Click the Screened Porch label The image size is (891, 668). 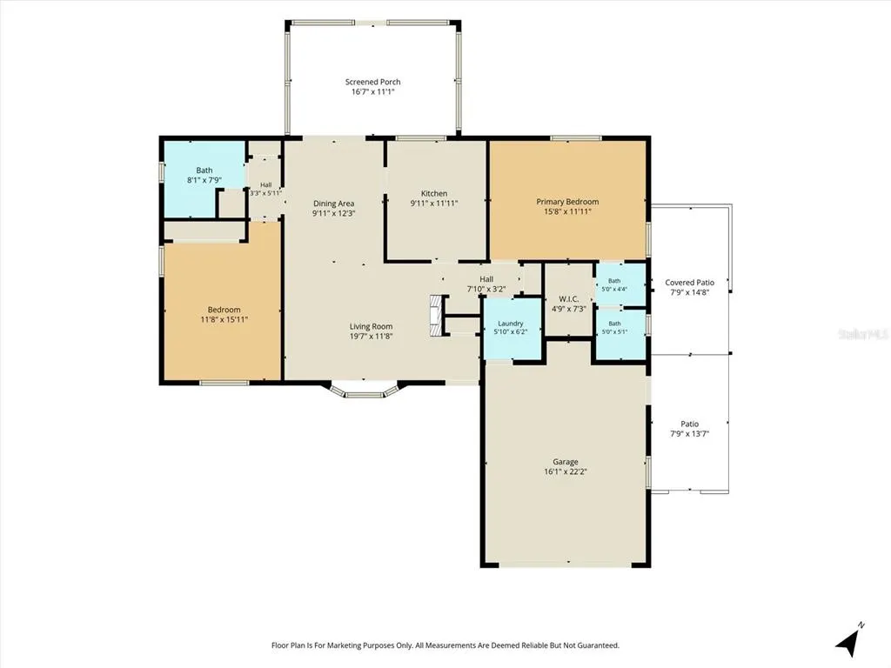(x=372, y=82)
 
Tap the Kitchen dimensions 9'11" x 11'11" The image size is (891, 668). (x=434, y=203)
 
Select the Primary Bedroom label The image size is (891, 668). (x=567, y=202)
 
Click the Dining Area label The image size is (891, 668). (x=333, y=204)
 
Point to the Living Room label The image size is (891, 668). (x=371, y=327)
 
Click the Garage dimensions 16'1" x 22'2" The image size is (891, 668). (x=566, y=471)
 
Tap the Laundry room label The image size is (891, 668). (x=510, y=324)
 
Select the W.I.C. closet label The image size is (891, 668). (x=569, y=299)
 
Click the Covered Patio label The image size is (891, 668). (x=690, y=283)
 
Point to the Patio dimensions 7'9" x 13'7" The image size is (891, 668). (x=690, y=434)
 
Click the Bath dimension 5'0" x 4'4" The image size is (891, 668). (x=614, y=289)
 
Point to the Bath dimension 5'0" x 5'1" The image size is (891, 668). (x=614, y=331)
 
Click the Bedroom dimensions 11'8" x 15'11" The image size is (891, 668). (x=224, y=319)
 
